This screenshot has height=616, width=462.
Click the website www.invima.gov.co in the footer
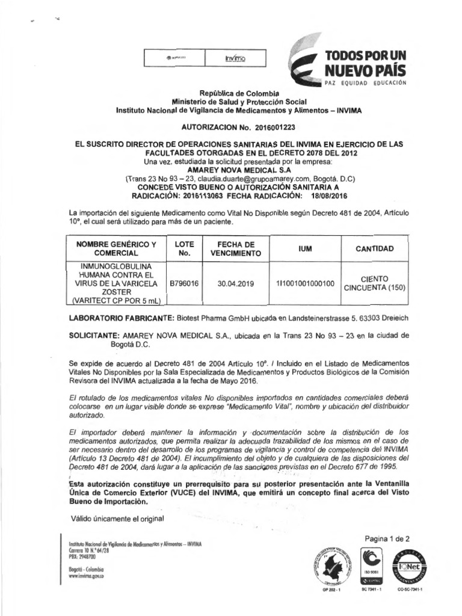(82, 576)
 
